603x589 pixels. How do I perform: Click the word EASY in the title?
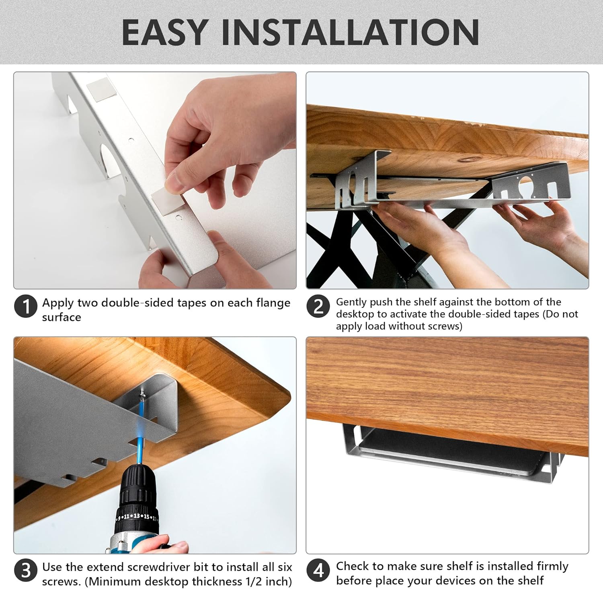pyautogui.click(x=165, y=32)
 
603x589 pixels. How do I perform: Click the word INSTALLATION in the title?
pyautogui.click(x=350, y=32)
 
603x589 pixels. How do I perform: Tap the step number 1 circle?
pyautogui.click(x=26, y=307)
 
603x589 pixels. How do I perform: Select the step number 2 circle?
pyautogui.click(x=318, y=307)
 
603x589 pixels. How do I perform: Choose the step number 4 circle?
pyautogui.click(x=318, y=570)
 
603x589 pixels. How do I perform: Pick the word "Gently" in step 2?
pyautogui.click(x=351, y=303)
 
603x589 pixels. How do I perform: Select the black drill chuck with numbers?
pyautogui.click(x=137, y=499)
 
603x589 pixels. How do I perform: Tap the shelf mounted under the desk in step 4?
pyautogui.click(x=449, y=451)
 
